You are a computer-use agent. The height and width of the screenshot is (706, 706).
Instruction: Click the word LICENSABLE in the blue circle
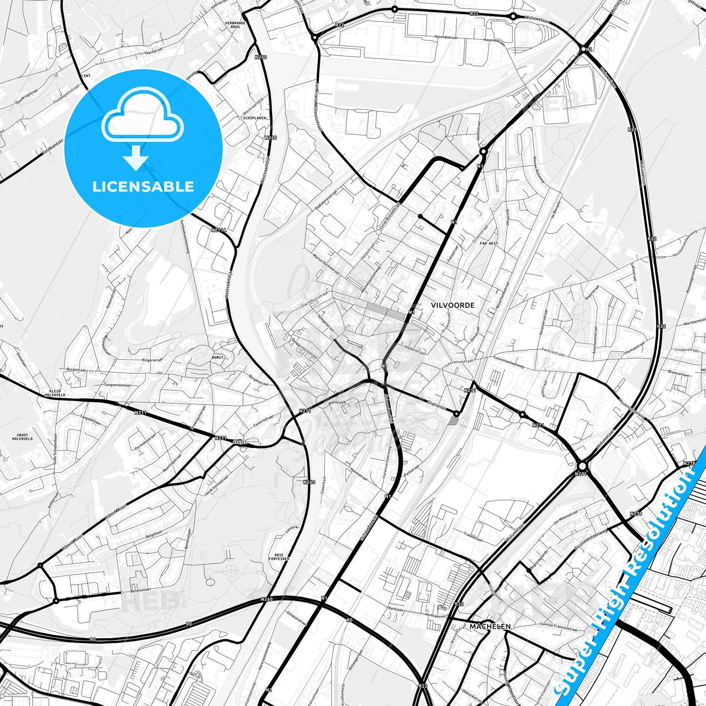click(x=143, y=187)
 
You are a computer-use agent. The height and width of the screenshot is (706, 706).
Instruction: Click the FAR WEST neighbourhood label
click(x=489, y=243)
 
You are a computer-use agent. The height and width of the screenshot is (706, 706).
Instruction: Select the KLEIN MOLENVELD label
click(x=52, y=393)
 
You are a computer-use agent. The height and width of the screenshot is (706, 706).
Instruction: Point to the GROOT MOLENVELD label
click(x=22, y=437)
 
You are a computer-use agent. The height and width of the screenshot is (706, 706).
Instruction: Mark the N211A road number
click(x=219, y=230)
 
